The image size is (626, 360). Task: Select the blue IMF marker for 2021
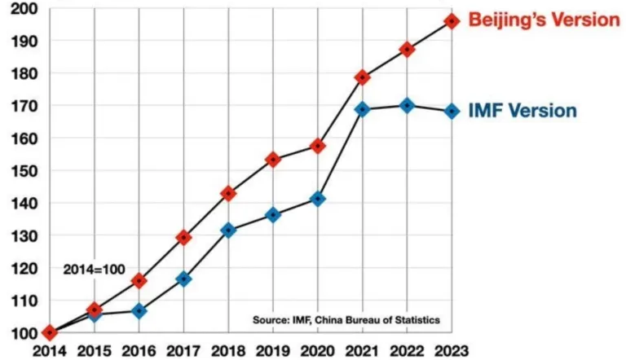tap(363, 109)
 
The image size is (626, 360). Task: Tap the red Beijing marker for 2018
tap(228, 194)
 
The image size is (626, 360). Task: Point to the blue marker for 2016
tap(139, 310)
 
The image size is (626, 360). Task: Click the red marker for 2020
tap(318, 146)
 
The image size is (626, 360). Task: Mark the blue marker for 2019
tap(273, 215)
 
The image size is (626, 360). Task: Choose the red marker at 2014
tap(50, 332)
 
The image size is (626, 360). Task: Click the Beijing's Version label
tap(544, 20)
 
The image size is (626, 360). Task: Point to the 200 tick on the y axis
tap(20, 8)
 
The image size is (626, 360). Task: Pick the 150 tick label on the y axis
tap(20, 170)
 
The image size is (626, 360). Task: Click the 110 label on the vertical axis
tap(20, 301)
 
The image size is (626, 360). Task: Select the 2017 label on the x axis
tap(184, 351)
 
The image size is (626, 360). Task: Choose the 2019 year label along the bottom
tap(273, 351)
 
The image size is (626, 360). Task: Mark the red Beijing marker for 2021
tap(363, 77)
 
